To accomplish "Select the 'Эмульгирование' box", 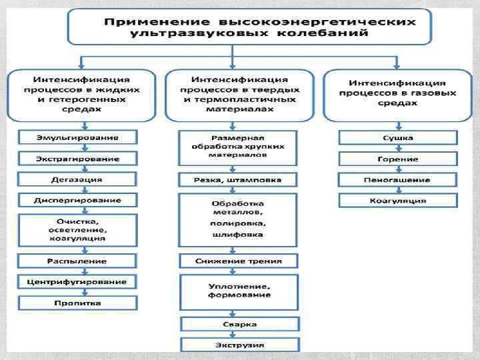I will click(78, 138).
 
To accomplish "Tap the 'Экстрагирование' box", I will click(78, 159).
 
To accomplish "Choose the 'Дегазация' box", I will click(78, 179).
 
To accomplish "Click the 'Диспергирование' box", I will click(78, 200).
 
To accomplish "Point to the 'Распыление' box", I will click(78, 261).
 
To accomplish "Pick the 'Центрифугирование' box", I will click(78, 282).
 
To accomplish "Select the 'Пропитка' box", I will click(78, 303).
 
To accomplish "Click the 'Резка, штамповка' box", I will click(238, 179).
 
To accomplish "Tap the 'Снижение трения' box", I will click(238, 261).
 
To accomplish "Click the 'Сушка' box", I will click(398, 138).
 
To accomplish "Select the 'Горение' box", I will click(398, 159).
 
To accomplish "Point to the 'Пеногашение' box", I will click(398, 179).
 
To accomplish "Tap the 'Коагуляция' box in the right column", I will click(398, 200).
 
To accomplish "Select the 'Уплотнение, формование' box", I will click(238, 290).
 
